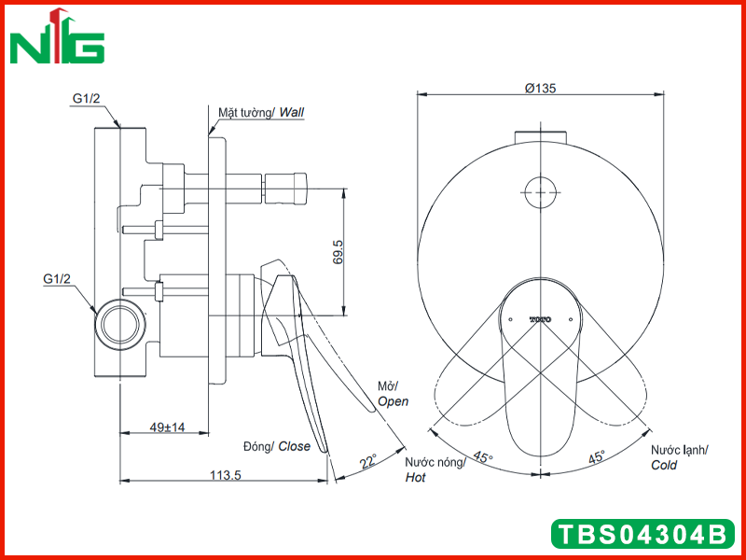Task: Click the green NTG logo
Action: coord(57,36)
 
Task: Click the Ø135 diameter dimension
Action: coord(540,88)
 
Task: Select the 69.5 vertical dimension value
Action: coord(338,252)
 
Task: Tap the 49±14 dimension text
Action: coord(167,427)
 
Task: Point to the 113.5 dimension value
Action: coord(226,475)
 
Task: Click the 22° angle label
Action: coord(368,461)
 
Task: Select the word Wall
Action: coord(291,112)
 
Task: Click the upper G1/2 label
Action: coord(87,99)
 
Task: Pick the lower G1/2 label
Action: coord(57,278)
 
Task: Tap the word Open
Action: coord(393,402)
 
